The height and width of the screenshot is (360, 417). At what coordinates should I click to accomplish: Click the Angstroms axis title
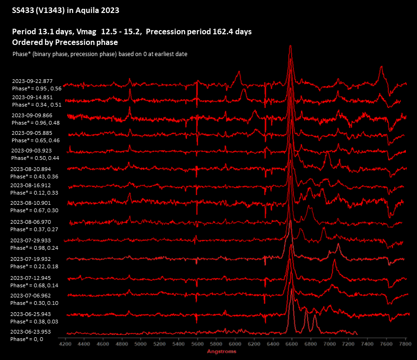(221, 352)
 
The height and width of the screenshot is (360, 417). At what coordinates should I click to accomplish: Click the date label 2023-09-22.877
(32, 82)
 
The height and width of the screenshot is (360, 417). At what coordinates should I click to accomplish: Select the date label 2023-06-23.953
(31, 332)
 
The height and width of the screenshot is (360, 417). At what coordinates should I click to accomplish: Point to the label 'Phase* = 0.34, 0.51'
(37, 105)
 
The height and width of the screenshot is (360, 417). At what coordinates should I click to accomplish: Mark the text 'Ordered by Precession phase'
(65, 42)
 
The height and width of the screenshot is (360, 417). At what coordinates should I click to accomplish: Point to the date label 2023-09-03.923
(32, 151)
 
